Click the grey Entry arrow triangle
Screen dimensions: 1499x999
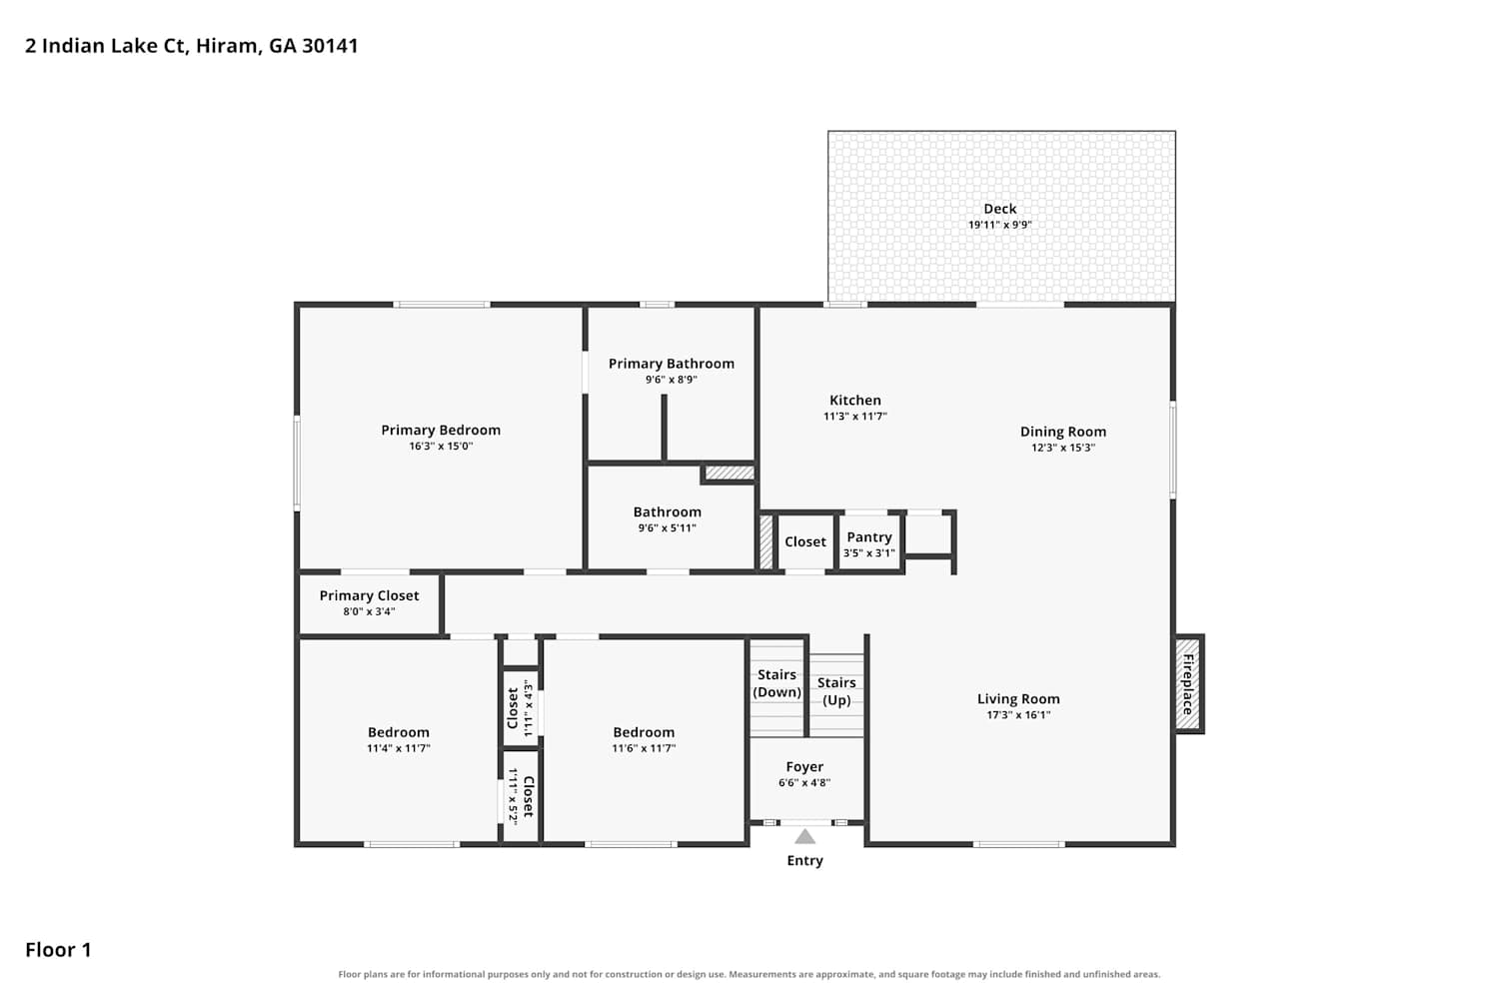point(804,836)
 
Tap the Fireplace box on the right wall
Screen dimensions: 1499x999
point(1189,683)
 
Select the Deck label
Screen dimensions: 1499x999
point(999,209)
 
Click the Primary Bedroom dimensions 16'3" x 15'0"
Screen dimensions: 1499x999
point(441,447)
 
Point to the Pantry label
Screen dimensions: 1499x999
point(869,537)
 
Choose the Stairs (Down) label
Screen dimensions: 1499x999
point(776,683)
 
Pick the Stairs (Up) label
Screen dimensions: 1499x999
point(836,691)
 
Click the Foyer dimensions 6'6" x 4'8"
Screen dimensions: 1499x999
point(804,783)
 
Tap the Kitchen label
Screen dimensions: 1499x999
point(855,401)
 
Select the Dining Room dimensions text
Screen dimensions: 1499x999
point(1063,448)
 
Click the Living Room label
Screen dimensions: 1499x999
point(1018,699)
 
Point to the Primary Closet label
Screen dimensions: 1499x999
point(370,595)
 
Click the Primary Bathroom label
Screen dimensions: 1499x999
point(672,364)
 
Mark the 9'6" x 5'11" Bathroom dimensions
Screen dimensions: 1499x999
point(668,527)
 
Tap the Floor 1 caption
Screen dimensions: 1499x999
point(58,950)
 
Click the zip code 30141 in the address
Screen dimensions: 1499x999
point(330,46)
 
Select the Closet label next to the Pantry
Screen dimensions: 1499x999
point(805,542)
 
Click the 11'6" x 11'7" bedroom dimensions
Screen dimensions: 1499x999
point(644,748)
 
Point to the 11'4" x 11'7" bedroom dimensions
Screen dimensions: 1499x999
point(398,748)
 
